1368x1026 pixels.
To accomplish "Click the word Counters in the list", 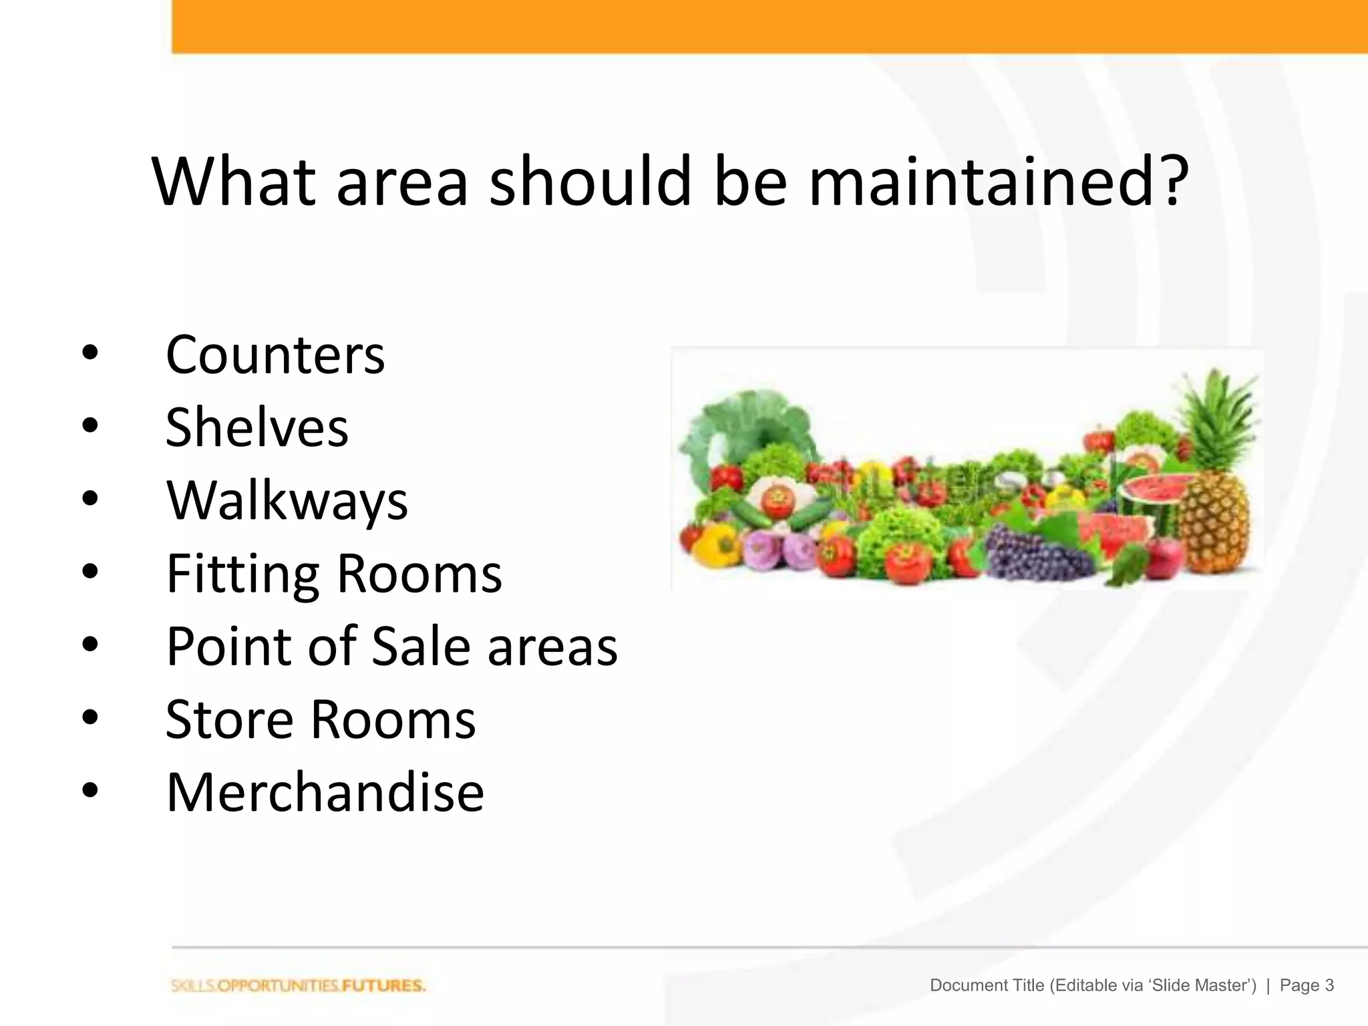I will [x=275, y=355].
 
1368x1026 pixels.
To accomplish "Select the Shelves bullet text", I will [x=256, y=427].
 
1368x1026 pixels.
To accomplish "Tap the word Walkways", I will [x=287, y=500].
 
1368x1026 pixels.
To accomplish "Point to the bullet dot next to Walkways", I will [x=90, y=498].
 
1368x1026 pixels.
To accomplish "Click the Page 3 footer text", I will [x=1307, y=985].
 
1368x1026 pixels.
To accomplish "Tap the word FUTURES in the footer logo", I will [x=383, y=986].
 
